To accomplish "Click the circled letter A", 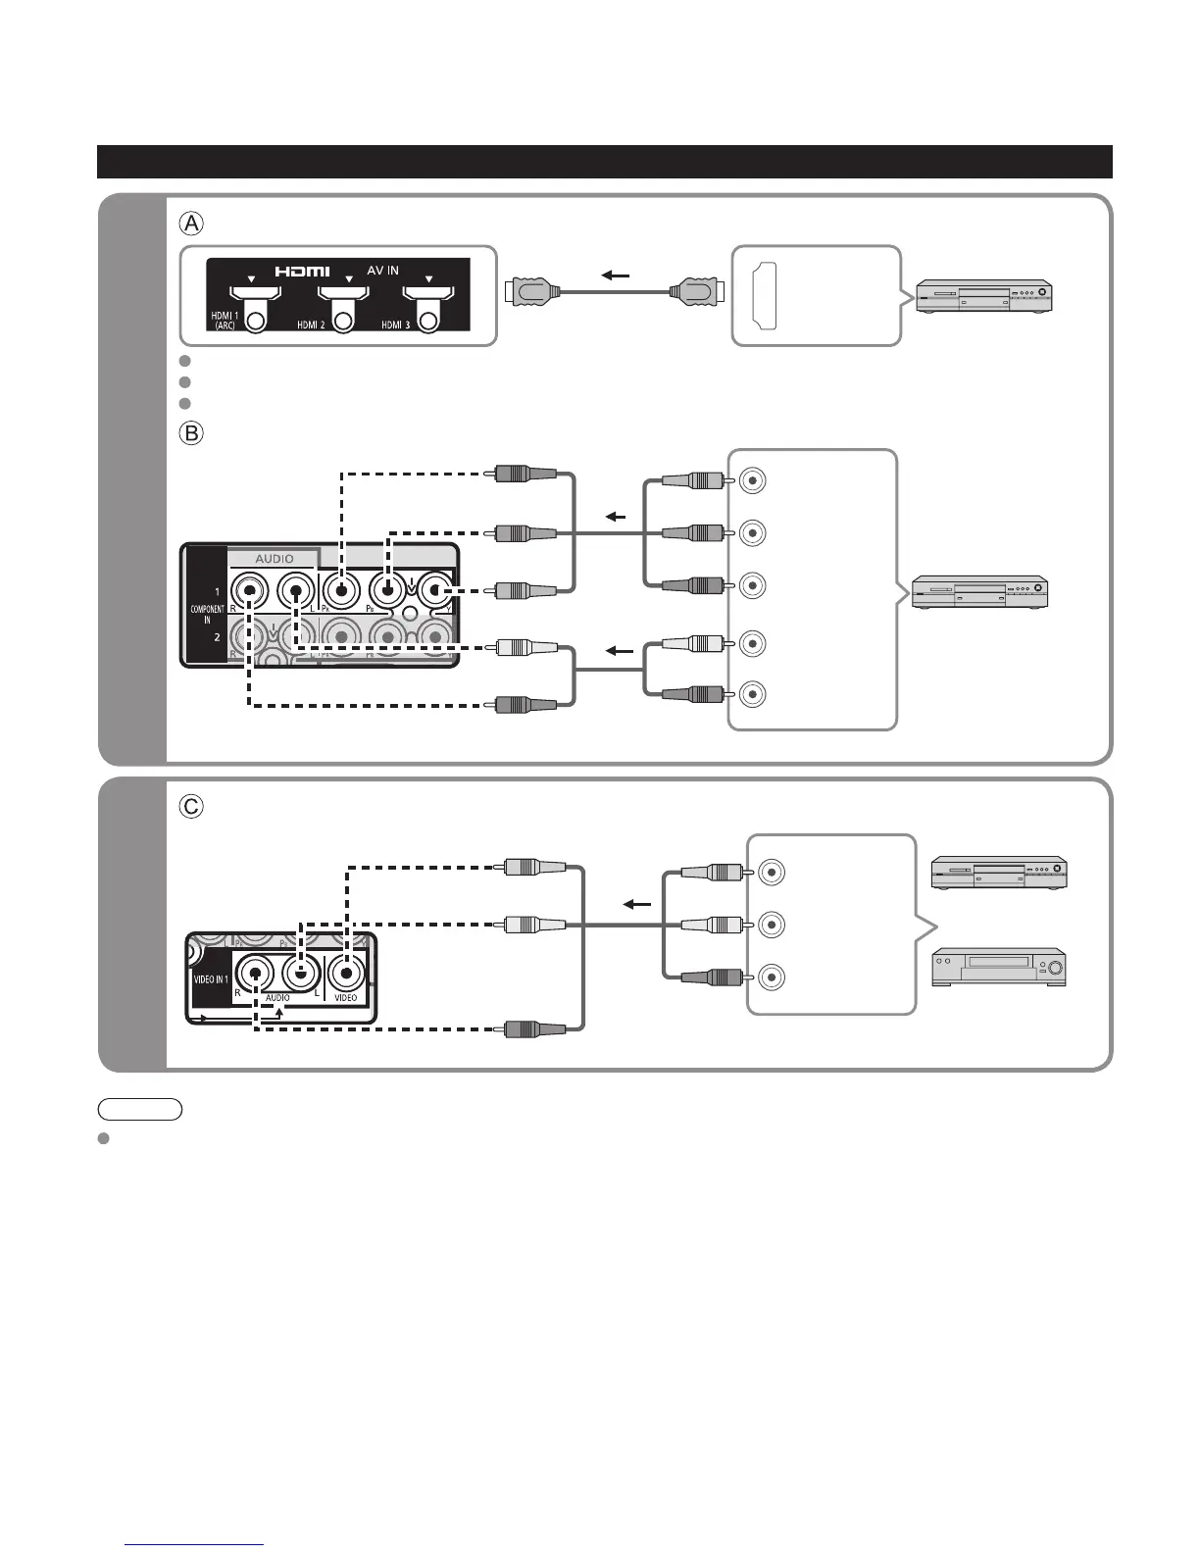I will click(x=191, y=224).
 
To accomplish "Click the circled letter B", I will click(x=191, y=432).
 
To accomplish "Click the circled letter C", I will click(x=191, y=806).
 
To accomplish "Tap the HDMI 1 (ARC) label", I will click(x=224, y=320).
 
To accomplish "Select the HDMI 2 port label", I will click(x=311, y=325).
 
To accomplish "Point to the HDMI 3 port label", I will click(x=396, y=325).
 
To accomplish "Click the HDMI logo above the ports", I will click(x=302, y=271).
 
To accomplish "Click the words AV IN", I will click(x=382, y=270).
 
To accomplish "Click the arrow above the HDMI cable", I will click(x=616, y=276).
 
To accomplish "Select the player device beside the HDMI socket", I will click(x=983, y=296).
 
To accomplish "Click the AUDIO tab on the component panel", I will click(x=275, y=559).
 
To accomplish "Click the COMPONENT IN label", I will click(x=207, y=614).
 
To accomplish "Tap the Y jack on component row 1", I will click(x=435, y=590).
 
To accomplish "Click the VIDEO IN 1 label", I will click(x=211, y=979).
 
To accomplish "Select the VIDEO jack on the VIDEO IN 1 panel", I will click(x=346, y=974).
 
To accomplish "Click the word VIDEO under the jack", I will click(x=346, y=998).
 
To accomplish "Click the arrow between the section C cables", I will click(x=637, y=904).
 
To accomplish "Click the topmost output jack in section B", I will click(x=753, y=480).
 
